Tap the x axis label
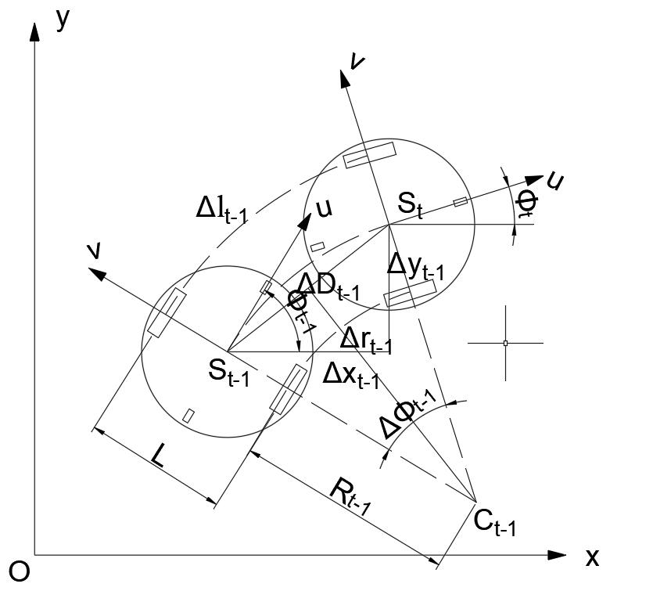coord(592,557)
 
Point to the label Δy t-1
coord(416,266)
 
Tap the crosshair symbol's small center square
coord(505,343)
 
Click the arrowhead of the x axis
coord(557,555)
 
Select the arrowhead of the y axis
coord(34,33)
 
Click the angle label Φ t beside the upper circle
coord(525,202)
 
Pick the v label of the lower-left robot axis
coord(94,250)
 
